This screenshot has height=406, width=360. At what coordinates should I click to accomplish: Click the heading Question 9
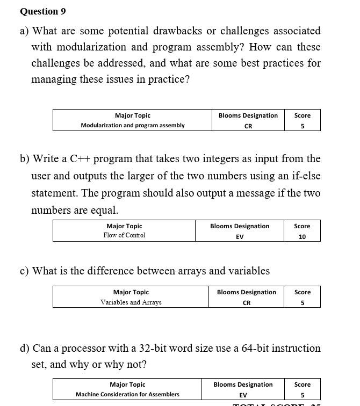click(42, 11)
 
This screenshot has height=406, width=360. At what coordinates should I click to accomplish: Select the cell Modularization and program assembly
click(133, 126)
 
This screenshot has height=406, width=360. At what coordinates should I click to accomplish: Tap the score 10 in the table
click(302, 236)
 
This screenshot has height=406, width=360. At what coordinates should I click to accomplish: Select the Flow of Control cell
click(124, 235)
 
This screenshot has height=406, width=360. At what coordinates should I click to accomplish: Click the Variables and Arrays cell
click(131, 302)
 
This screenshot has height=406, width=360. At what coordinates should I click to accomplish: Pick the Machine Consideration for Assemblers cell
click(127, 395)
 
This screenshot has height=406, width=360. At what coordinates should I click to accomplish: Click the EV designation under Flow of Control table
click(240, 236)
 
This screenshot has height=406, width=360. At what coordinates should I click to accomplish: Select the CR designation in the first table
click(248, 126)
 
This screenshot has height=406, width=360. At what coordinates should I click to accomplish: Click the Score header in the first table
click(302, 115)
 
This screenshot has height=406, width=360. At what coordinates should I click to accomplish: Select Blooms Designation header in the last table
click(243, 385)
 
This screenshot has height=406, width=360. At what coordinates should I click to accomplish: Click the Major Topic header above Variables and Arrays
click(131, 292)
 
